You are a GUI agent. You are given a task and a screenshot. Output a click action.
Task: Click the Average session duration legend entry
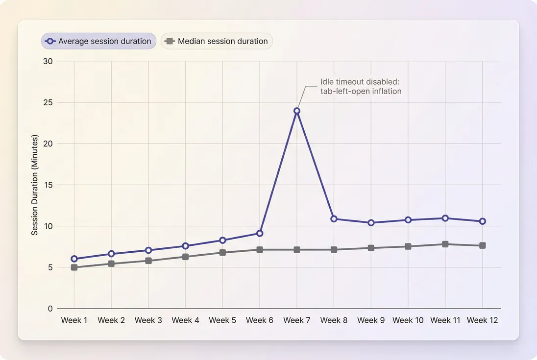pos(98,41)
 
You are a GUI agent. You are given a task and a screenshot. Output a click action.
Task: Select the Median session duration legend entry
pos(217,41)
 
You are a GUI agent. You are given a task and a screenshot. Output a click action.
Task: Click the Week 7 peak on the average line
pos(297,111)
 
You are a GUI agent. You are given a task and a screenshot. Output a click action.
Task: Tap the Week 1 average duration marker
pos(74,259)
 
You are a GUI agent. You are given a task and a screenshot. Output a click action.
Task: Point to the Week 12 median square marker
pos(483,245)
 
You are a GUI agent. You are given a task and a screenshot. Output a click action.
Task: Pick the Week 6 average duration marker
pos(260,233)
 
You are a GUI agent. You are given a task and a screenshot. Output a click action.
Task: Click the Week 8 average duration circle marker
pos(334,218)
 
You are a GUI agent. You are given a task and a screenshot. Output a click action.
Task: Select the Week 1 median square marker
pos(74,267)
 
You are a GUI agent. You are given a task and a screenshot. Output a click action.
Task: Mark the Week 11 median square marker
pos(445,244)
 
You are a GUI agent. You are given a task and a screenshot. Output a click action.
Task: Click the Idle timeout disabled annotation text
pos(361,86)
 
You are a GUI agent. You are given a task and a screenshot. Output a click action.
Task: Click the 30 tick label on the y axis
pos(48,61)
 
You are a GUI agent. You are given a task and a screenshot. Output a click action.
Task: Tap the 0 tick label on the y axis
pos(50,309)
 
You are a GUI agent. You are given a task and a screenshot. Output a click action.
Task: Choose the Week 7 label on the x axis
pos(297,320)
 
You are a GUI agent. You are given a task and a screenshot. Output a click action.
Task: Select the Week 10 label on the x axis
pos(408,320)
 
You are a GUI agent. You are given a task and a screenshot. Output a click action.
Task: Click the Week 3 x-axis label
pos(148,320)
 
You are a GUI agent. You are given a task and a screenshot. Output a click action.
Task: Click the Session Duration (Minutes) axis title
pos(35,185)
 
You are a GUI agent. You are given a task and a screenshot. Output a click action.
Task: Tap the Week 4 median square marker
pos(186,257)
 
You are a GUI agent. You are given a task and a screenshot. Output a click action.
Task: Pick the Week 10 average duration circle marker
pos(408,220)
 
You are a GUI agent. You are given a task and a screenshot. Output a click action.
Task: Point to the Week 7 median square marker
pos(297,250)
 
